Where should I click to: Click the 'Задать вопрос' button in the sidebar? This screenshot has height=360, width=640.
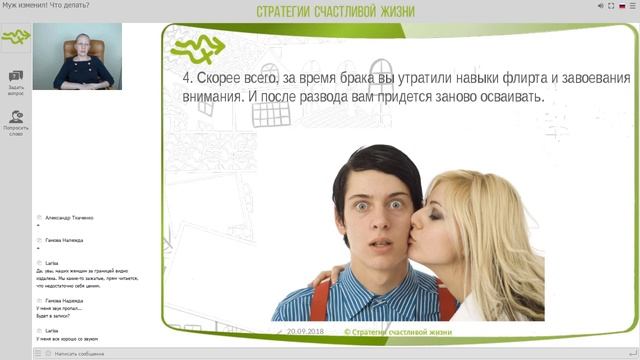coord(16,81)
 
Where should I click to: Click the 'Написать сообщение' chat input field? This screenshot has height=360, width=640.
coord(90,353)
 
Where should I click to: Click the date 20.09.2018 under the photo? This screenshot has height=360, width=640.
coord(306,331)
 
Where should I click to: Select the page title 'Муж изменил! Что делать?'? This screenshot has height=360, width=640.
coord(44,6)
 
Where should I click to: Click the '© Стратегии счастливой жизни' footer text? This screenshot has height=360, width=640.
coord(397,331)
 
